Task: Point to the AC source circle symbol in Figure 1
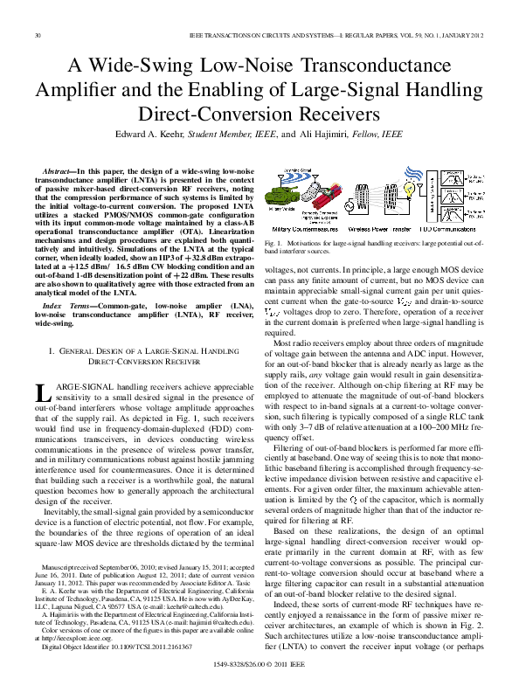[x=367, y=202]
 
